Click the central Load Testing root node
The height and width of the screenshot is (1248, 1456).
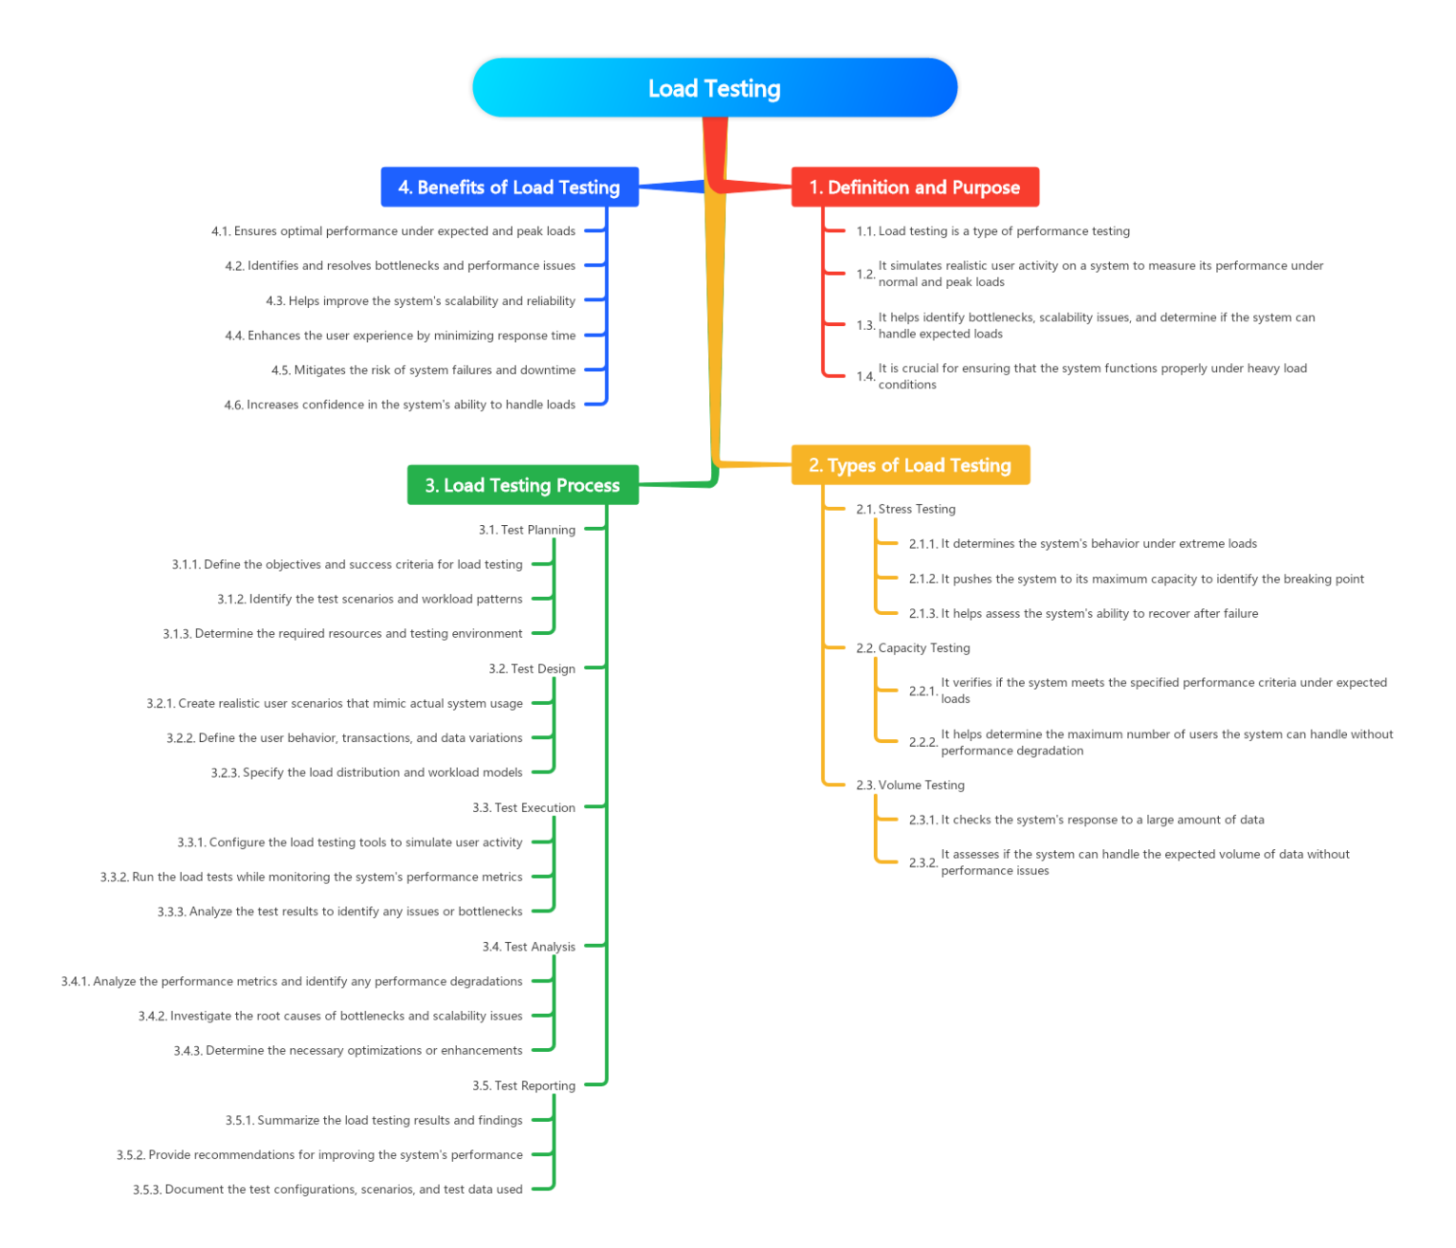click(715, 88)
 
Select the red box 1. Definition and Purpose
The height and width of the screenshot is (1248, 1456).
click(915, 187)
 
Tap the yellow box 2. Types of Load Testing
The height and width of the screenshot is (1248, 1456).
click(910, 465)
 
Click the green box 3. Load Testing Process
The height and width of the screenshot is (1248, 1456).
click(522, 485)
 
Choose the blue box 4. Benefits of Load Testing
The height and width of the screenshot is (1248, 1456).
click(509, 187)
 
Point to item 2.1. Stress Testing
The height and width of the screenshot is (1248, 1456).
click(905, 509)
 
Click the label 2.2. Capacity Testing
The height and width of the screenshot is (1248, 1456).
click(913, 648)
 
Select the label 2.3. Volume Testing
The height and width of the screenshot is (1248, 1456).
click(910, 785)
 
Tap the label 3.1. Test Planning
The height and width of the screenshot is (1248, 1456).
click(527, 530)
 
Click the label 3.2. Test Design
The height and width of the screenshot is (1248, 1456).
click(532, 669)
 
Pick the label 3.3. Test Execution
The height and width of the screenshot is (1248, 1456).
click(524, 807)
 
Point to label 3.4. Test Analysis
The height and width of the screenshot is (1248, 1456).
click(529, 947)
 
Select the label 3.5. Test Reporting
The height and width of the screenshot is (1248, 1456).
click(524, 1086)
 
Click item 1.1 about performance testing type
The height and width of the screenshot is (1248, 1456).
click(992, 231)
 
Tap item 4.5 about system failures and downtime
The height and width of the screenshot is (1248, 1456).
click(424, 371)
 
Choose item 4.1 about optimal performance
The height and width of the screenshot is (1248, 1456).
click(393, 231)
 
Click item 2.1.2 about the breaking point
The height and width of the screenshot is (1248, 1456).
click(1137, 579)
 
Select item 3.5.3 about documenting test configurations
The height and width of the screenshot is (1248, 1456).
click(327, 1189)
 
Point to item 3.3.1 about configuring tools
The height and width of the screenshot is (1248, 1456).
click(350, 842)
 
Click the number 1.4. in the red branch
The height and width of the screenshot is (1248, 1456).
click(865, 377)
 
